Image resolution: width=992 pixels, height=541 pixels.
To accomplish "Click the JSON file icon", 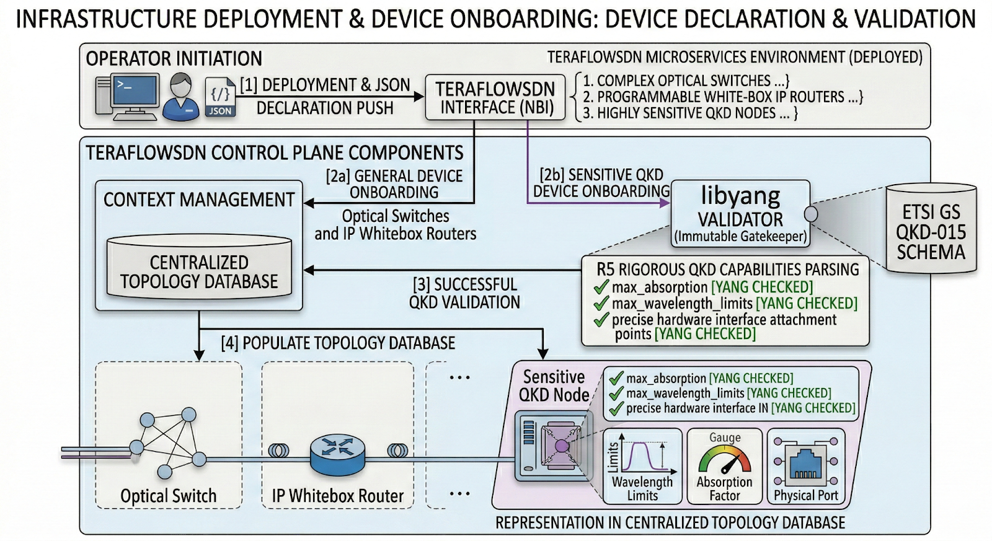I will pyautogui.click(x=220, y=98).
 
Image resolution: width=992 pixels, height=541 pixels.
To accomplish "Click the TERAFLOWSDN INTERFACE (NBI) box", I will pyautogui.click(x=495, y=98).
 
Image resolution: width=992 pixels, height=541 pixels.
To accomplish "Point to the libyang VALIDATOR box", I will pyautogui.click(x=740, y=214).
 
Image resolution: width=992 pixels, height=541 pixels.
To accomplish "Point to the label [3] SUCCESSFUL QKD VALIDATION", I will pyautogui.click(x=464, y=293).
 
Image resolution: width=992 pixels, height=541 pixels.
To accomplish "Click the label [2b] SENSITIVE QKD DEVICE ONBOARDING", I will pyautogui.click(x=601, y=183).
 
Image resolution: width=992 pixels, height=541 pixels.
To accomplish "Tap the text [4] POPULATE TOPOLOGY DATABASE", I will pyautogui.click(x=338, y=343).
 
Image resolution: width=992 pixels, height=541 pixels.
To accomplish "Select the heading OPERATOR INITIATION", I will pyautogui.click(x=174, y=59).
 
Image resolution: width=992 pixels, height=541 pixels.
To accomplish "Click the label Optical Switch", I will pyautogui.click(x=169, y=496).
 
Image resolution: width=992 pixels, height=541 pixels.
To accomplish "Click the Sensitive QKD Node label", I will pyautogui.click(x=554, y=385).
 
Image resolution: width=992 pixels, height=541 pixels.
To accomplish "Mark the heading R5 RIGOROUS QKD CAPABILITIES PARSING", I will pyautogui.click(x=727, y=270).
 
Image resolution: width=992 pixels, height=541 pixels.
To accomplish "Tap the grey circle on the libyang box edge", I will pyautogui.click(x=810, y=214).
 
